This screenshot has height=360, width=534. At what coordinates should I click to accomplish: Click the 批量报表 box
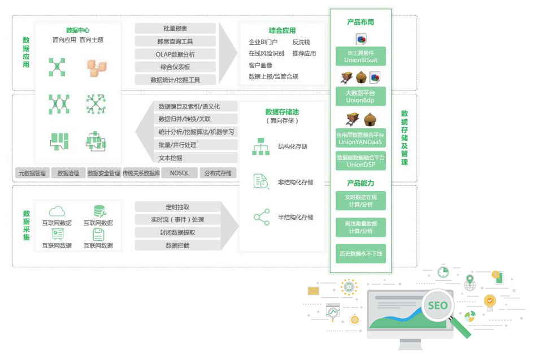(175, 28)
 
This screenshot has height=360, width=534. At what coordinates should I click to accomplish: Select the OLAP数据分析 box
(175, 54)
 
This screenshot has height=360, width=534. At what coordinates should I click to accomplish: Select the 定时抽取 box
(177, 207)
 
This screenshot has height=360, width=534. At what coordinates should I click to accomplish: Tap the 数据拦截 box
(177, 245)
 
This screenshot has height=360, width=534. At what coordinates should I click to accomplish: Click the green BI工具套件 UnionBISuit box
(361, 56)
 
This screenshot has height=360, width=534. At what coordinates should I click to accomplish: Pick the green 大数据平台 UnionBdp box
(361, 96)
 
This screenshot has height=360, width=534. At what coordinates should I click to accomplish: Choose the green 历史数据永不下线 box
(361, 253)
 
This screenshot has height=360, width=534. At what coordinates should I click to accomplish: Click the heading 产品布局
(361, 22)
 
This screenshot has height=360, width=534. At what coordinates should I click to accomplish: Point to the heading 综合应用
(282, 31)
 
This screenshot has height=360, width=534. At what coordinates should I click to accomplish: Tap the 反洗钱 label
(301, 42)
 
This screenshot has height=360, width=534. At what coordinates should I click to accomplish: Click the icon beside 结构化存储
(261, 146)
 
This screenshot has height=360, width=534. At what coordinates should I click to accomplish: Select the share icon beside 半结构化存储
(261, 217)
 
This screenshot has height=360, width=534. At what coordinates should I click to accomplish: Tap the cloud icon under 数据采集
(57, 211)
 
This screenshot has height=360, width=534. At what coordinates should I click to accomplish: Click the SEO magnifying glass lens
(437, 306)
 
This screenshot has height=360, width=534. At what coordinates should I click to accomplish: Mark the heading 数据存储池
(282, 112)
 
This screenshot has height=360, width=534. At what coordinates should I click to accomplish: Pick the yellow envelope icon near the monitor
(314, 290)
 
